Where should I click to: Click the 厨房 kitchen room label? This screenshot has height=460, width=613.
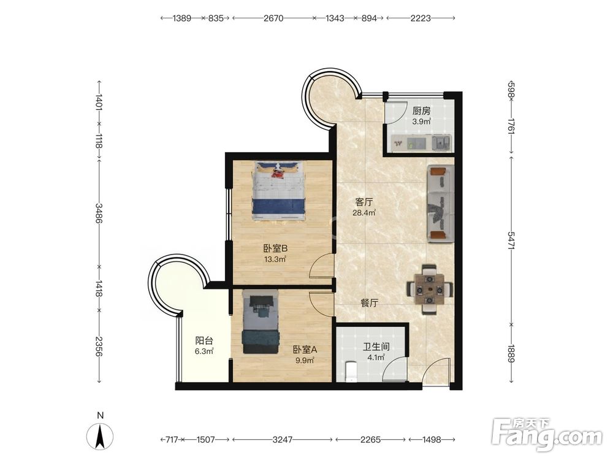421,111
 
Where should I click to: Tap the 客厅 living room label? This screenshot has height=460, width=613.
364,202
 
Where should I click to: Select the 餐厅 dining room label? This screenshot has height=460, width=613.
369,303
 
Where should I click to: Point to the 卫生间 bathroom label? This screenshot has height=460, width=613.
376,347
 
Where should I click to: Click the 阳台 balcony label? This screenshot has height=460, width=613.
204,340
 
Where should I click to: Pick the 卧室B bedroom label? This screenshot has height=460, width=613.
275,248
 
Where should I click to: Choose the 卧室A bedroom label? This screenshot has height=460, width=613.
305,350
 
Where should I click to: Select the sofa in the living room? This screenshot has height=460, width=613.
441,204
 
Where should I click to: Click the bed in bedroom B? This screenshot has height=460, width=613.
278,191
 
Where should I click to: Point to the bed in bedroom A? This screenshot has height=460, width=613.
261,321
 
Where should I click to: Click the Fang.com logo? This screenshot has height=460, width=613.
547,434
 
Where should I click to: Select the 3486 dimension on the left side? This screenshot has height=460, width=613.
99,213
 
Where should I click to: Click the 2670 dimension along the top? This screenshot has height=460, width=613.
273,18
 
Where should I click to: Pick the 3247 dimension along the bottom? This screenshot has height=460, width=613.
282,440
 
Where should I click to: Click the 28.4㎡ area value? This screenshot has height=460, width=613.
364,213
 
